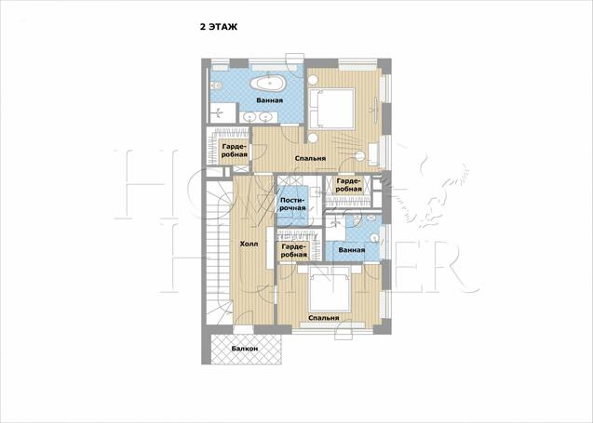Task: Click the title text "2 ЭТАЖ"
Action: [x=219, y=27]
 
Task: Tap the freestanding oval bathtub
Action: [x=269, y=84]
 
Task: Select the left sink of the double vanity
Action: [x=250, y=117]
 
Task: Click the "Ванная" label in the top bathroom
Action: [x=270, y=100]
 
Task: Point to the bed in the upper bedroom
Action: [x=331, y=109]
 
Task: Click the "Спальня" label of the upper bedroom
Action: [x=310, y=159]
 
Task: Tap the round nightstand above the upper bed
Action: [x=313, y=80]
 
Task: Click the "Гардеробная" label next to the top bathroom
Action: [x=235, y=151]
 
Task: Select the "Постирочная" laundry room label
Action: [x=292, y=204]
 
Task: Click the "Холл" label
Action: [x=249, y=245]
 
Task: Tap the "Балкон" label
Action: [x=245, y=349]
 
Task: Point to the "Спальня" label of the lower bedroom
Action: [x=324, y=318]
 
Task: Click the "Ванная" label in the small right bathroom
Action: [x=352, y=250]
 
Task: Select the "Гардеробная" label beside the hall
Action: [x=294, y=251]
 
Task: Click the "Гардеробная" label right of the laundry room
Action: [x=349, y=185]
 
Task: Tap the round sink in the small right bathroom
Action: [x=374, y=238]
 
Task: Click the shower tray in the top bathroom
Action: [x=222, y=112]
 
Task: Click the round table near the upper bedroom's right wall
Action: [x=360, y=156]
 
